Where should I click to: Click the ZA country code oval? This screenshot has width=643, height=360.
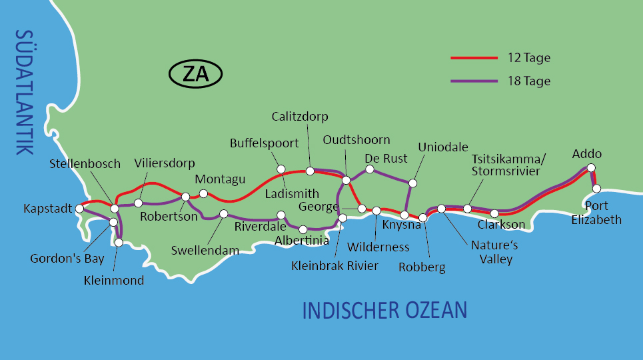coord(196,74)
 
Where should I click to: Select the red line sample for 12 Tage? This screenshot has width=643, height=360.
coord(474,58)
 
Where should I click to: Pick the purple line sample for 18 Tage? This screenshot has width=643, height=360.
coord(474,81)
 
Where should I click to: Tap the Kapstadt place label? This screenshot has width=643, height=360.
coord(47,209)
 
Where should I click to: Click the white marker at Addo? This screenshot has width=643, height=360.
coord(590,168)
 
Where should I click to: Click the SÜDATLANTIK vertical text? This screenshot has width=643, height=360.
coord(24,93)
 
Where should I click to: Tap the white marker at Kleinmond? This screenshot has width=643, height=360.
coord(119,243)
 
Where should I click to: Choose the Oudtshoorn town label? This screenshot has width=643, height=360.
coord(356,140)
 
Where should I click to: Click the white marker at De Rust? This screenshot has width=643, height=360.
coord(370,169)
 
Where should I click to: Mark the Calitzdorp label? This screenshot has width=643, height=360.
coord(300,117)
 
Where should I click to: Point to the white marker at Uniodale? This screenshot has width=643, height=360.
coord(412,183)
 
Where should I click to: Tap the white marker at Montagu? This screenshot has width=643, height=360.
coord(203,194)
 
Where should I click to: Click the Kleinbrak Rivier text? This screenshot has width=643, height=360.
coord(334,266)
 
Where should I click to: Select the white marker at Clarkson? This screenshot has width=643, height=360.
coord(494,213)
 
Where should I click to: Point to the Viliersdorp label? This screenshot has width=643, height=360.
coord(164,163)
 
